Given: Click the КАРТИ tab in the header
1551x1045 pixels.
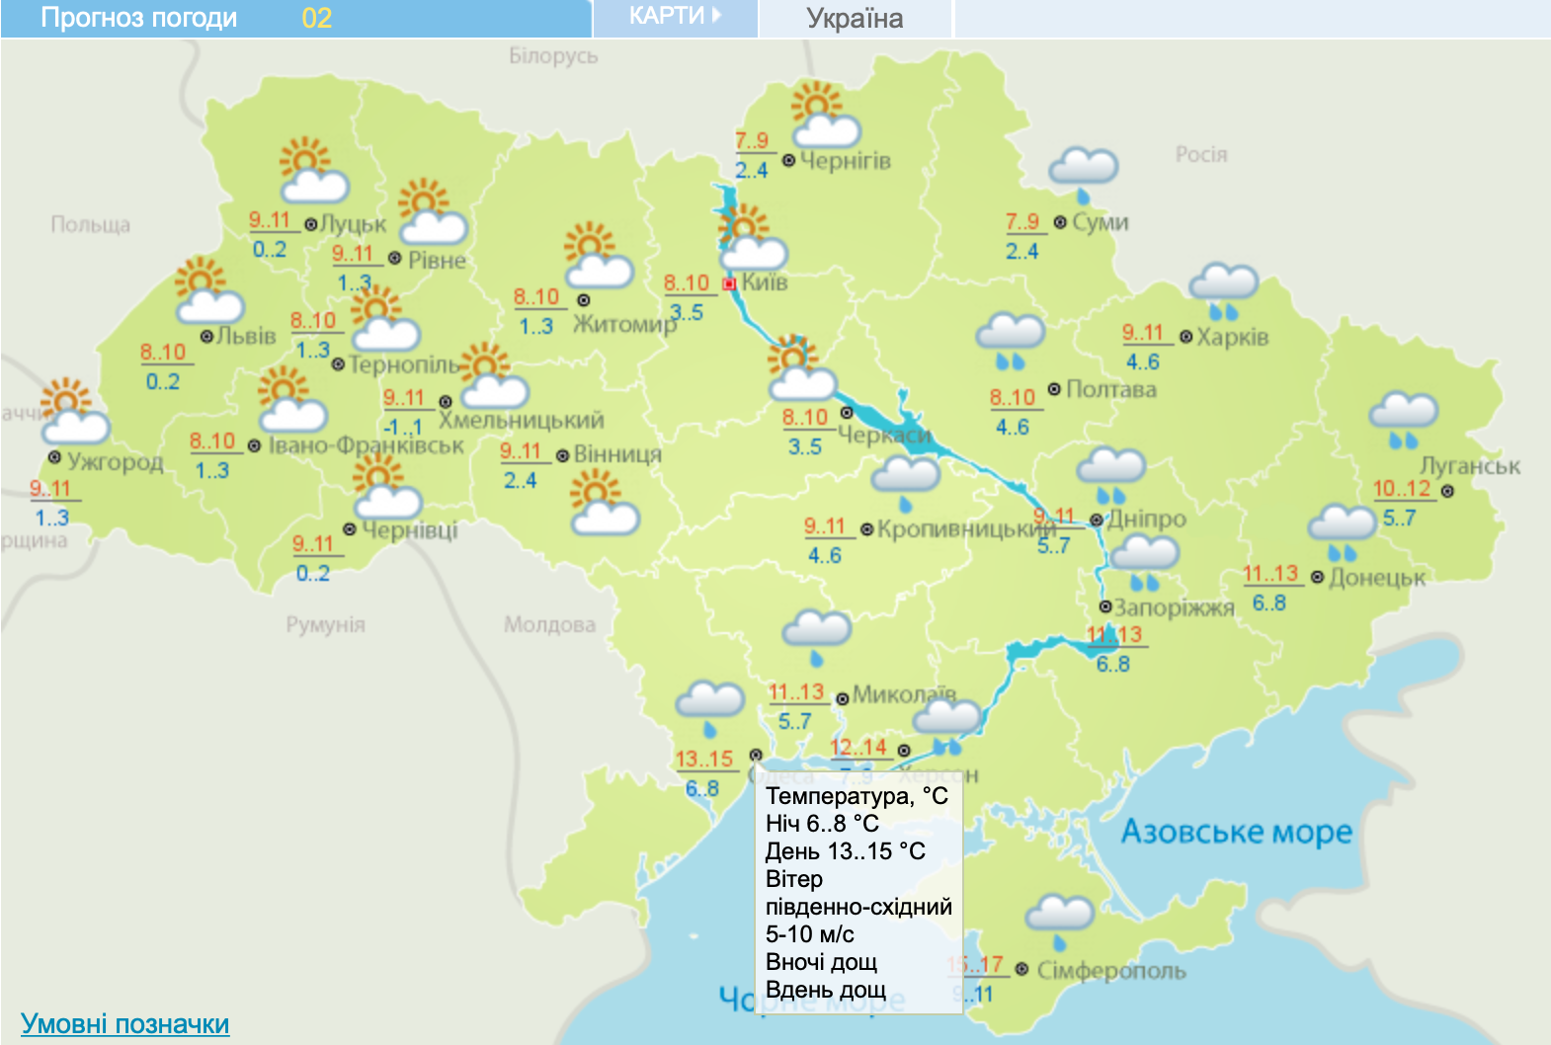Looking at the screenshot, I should click(675, 17).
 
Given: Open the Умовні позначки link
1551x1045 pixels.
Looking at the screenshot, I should click(124, 1024).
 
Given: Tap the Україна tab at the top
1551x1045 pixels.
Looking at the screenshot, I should click(855, 19).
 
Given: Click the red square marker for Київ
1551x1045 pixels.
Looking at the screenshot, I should click(730, 284).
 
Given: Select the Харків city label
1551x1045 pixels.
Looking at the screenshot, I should click(1232, 337).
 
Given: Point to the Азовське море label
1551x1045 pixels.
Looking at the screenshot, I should click(1236, 832).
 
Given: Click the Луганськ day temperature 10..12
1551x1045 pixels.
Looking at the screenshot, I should click(1401, 488).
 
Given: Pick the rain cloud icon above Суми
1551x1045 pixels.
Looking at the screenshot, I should click(1083, 171).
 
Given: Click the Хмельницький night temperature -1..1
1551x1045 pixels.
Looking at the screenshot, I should click(403, 428).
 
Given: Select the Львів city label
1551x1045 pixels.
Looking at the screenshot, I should click(246, 336).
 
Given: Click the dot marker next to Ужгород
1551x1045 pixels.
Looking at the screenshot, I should click(55, 457).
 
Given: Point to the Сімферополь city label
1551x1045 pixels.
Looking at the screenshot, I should click(1110, 971).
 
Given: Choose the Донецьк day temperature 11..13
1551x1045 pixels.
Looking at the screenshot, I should click(1270, 574).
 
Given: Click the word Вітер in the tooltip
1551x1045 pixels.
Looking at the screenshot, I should click(794, 879).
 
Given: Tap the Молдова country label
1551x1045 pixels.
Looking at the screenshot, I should click(549, 624).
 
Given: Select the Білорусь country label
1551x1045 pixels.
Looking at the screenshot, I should click(553, 56).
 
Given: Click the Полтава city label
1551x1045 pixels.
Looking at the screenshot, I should click(1110, 389).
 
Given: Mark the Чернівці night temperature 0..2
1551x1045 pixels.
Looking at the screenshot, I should click(313, 573).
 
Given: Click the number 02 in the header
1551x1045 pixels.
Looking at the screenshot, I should click(316, 19).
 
